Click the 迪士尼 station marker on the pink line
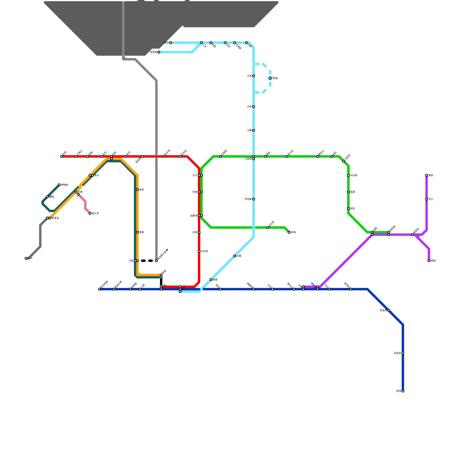click(x=90, y=213)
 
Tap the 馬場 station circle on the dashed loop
click(x=270, y=78)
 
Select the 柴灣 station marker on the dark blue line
click(x=403, y=391)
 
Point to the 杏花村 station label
click(x=397, y=353)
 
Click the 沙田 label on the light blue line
click(x=249, y=107)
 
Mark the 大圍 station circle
click(x=254, y=130)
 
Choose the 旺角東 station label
click(x=248, y=199)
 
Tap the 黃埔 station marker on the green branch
click(x=289, y=232)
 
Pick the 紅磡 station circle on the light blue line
click(x=235, y=256)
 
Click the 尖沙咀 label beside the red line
click(x=204, y=251)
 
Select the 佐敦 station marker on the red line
click(x=199, y=232)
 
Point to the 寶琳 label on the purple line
click(x=431, y=175)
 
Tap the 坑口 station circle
click(x=427, y=199)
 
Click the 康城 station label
click(x=433, y=261)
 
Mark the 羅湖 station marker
click(x=171, y=43)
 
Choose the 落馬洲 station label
click(x=153, y=52)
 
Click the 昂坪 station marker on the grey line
click(x=26, y=258)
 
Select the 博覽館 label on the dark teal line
click(x=65, y=185)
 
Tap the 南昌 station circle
click(x=137, y=190)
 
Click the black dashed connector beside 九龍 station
click(x=147, y=261)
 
